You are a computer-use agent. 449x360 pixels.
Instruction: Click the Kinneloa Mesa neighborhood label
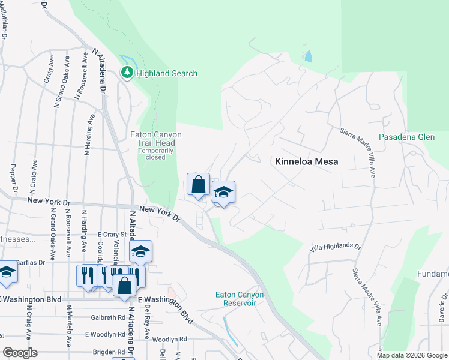coord(306,161)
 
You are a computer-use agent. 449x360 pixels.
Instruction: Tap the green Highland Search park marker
coord(127,73)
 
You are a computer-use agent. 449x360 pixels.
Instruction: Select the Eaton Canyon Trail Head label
coord(155,139)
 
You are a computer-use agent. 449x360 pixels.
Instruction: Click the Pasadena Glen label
coord(406,137)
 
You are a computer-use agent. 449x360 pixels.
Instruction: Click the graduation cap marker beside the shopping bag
coord(223,193)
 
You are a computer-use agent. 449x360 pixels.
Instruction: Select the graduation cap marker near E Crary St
coord(140,251)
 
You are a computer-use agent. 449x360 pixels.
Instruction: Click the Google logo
coord(20,353)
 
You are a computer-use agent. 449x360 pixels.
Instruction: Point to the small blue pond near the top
coord(308,57)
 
